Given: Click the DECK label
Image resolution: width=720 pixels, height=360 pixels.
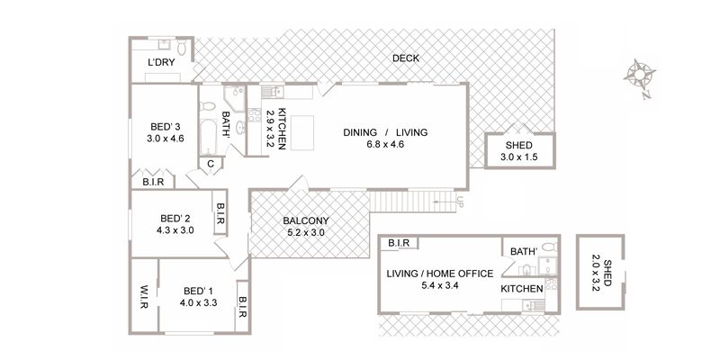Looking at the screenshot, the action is pyautogui.click(x=406, y=58).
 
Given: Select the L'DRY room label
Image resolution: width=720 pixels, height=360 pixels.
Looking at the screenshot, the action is pyautogui.click(x=161, y=62).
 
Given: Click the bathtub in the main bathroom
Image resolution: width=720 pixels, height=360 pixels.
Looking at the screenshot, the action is pyautogui.click(x=208, y=138).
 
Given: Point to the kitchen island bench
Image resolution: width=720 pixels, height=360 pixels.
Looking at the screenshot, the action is pyautogui.click(x=302, y=132).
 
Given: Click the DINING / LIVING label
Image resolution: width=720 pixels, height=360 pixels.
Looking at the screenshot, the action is pyautogui.click(x=385, y=132).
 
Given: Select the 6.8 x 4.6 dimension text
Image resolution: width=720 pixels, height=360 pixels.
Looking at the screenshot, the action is pyautogui.click(x=385, y=144).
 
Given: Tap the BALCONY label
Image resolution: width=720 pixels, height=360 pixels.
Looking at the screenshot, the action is pyautogui.click(x=305, y=220).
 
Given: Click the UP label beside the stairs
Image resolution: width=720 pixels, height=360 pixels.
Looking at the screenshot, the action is pyautogui.click(x=460, y=200).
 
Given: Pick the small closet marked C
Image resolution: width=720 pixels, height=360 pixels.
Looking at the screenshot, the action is pyautogui.click(x=211, y=164).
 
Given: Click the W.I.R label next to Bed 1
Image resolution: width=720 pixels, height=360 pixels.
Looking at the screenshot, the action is pyautogui.click(x=144, y=297).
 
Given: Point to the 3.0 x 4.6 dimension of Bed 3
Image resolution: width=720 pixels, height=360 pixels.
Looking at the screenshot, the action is pyautogui.click(x=166, y=139).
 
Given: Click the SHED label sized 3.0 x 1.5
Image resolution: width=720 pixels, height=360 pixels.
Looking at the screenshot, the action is pyautogui.click(x=519, y=145).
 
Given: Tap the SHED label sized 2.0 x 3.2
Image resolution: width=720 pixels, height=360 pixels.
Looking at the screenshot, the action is pyautogui.click(x=607, y=274).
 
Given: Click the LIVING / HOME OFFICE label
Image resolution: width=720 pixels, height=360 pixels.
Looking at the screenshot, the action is pyautogui.click(x=440, y=274).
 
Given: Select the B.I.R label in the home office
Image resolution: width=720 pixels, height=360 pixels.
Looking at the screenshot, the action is pyautogui.click(x=399, y=243).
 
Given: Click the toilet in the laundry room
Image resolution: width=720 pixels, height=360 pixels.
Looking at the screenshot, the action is pyautogui.click(x=182, y=48).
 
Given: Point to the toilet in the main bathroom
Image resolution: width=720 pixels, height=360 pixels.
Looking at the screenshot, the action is pyautogui.click(x=208, y=106).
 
